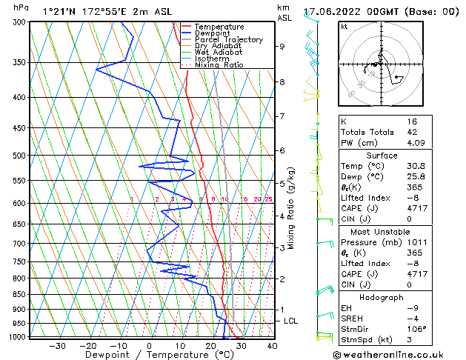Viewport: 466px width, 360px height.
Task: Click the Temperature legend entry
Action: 219,27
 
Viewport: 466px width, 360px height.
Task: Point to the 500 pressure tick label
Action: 21,156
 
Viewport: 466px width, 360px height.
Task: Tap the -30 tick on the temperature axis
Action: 56,346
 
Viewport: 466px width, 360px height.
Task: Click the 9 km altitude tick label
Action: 282,46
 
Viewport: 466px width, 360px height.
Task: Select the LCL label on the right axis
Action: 291,321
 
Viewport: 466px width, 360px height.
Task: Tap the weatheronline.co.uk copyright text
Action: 398,354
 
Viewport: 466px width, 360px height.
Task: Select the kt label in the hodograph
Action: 344,26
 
